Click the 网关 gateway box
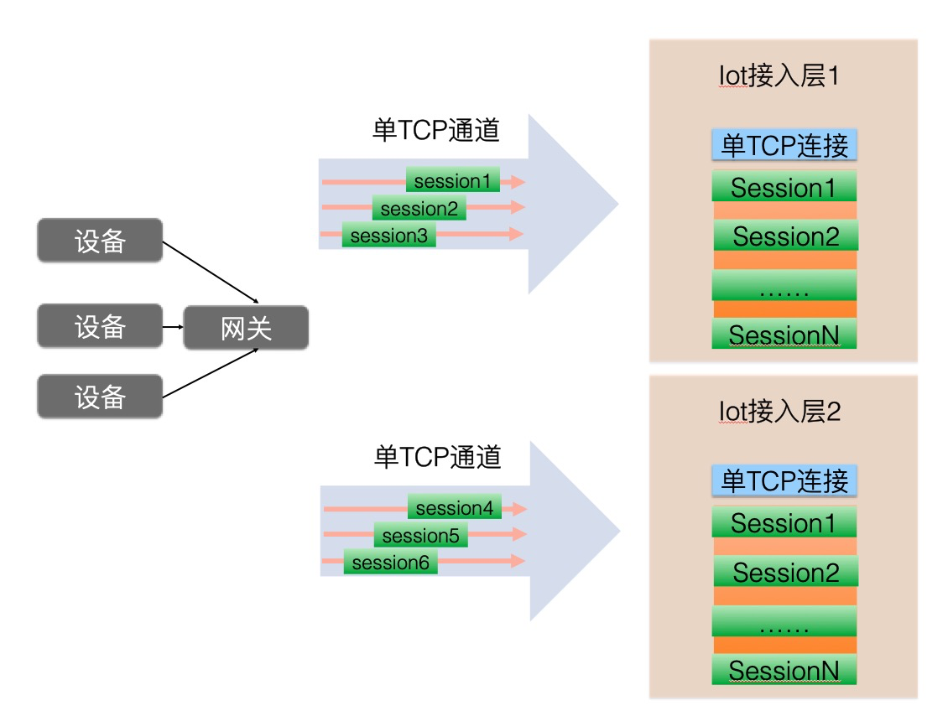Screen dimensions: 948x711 click(x=246, y=327)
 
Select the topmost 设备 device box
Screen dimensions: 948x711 click(x=100, y=241)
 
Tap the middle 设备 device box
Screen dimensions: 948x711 click(x=100, y=326)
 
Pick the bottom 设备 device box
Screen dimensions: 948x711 click(x=100, y=397)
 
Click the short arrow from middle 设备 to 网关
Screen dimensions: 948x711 click(x=173, y=327)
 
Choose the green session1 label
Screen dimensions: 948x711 click(x=452, y=180)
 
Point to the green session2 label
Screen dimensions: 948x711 click(x=419, y=208)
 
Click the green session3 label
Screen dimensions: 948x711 click(x=388, y=235)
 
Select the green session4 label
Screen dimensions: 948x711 click(x=454, y=506)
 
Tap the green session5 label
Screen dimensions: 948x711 click(x=421, y=535)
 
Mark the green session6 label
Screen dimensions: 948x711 click(x=391, y=562)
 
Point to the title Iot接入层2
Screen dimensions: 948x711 click(x=780, y=412)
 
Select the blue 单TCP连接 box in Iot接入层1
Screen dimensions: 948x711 click(x=784, y=145)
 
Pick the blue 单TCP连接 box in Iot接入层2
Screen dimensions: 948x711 click(x=784, y=480)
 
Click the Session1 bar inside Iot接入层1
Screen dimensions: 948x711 click(x=784, y=186)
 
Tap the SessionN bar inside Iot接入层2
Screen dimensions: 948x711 click(x=784, y=669)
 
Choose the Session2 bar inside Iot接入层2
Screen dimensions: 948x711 click(x=785, y=571)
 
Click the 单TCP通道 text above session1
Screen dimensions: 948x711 click(x=436, y=130)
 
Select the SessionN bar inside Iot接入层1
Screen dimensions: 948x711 click(x=784, y=334)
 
